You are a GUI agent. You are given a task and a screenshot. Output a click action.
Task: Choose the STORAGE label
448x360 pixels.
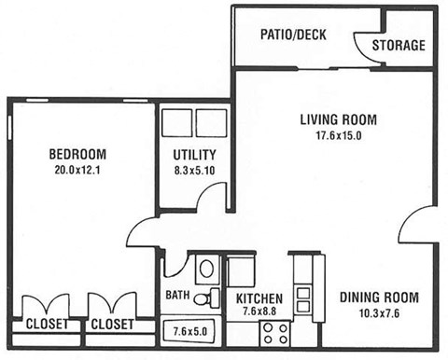click(399, 45)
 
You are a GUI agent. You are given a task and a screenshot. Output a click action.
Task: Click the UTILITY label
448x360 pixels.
click(194, 155)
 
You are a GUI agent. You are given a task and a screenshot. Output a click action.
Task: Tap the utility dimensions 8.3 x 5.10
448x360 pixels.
click(194, 171)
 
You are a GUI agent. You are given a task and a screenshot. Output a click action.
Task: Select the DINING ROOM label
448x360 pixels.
click(378, 298)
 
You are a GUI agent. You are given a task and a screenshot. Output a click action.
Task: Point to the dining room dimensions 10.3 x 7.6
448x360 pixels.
click(378, 314)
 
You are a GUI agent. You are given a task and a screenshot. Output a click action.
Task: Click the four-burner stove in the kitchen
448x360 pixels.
click(274, 332)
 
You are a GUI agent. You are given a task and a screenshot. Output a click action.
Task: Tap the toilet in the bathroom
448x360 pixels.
click(206, 270)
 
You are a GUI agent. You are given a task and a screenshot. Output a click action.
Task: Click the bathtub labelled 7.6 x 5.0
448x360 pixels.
click(192, 331)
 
